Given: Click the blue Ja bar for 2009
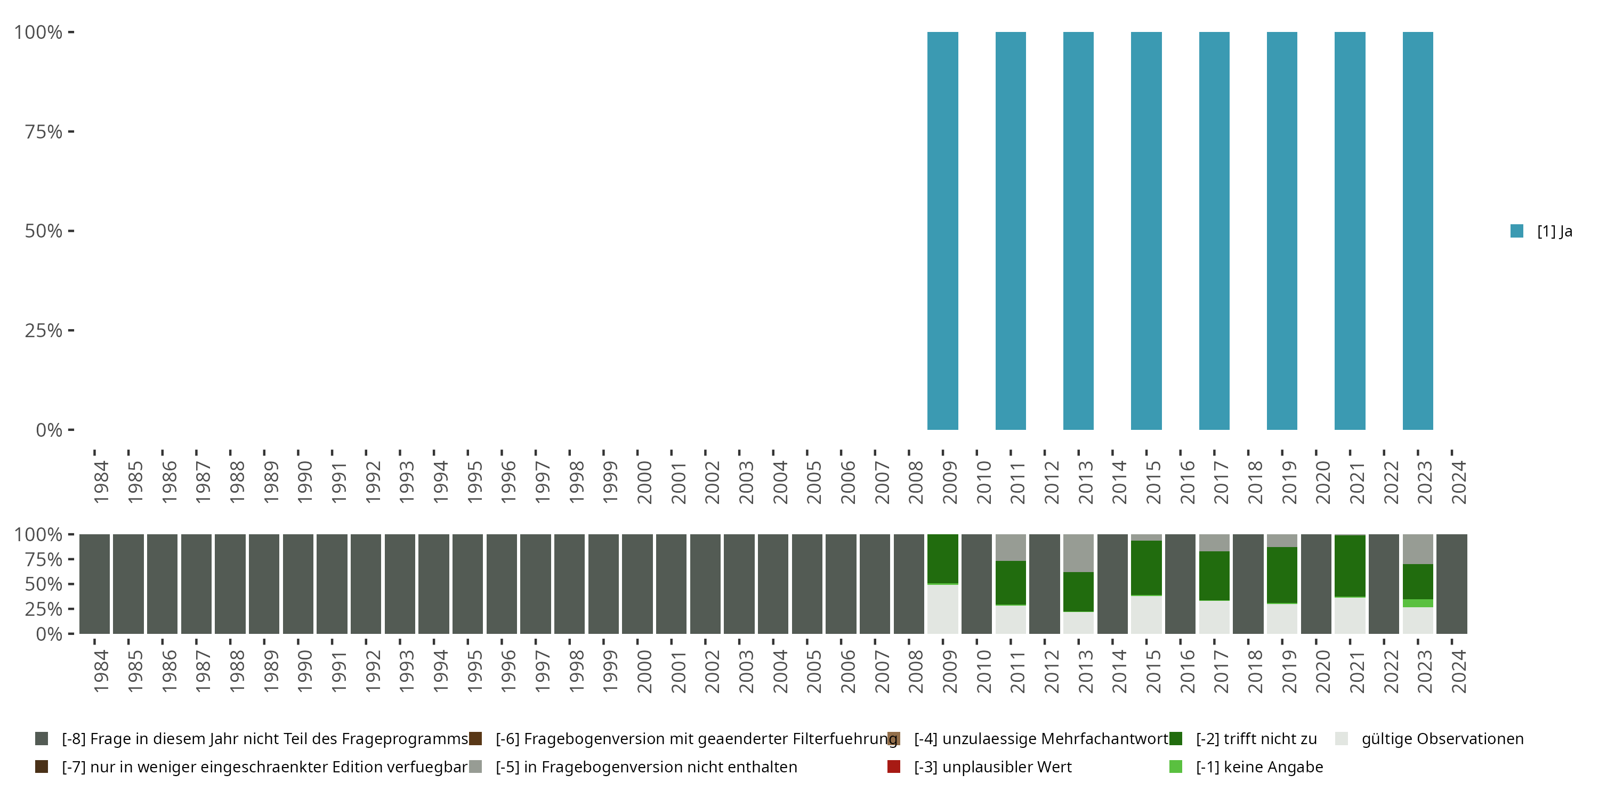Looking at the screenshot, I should (942, 231).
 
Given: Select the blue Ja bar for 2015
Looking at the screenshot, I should (1146, 231).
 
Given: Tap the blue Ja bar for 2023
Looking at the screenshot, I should (1418, 231).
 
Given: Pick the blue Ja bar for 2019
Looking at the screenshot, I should (1282, 231).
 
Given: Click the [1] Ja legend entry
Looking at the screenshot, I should (1542, 231).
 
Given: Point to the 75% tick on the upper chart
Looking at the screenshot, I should (44, 132).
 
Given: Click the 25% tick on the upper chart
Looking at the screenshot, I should (44, 330).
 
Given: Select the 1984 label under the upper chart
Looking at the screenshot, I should (101, 482).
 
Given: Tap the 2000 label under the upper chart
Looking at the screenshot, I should (644, 482).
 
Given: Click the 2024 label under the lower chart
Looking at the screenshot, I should (1458, 671).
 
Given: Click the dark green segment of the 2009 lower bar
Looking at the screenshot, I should (942, 558).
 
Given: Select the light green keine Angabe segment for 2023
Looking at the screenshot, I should (1418, 603).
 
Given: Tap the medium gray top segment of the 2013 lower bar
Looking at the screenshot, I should (1078, 553).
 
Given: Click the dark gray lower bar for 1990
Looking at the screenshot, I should (298, 584).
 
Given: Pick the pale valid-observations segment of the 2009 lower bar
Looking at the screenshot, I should (942, 609).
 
